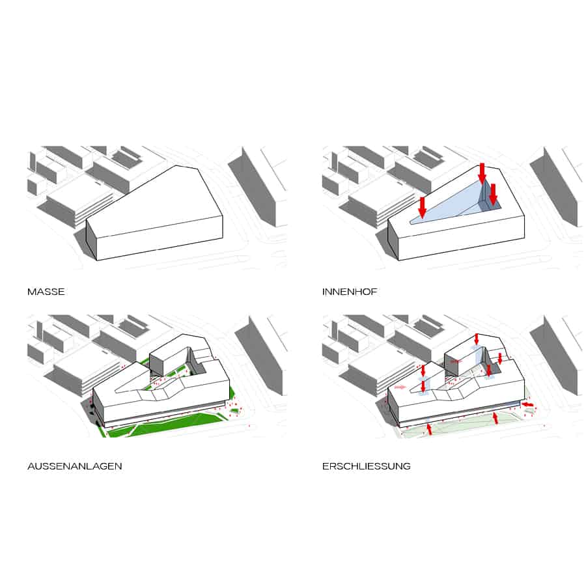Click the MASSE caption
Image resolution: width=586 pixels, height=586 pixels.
(46, 292)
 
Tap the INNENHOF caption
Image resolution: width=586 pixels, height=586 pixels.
(350, 292)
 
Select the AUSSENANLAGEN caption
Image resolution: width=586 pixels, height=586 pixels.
(75, 466)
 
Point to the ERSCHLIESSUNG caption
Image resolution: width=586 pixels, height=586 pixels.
(366, 466)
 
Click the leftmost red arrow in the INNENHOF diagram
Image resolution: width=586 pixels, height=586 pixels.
(423, 207)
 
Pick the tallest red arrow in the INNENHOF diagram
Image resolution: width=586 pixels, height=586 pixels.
(482, 173)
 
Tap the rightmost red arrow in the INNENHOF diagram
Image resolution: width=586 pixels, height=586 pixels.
(494, 194)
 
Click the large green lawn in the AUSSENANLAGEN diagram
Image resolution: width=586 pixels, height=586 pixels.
(176, 424)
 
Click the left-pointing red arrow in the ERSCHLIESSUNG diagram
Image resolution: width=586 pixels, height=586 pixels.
(527, 405)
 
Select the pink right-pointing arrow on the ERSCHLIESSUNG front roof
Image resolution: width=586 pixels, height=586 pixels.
(400, 387)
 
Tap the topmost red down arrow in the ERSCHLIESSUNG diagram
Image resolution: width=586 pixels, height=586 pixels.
(476, 339)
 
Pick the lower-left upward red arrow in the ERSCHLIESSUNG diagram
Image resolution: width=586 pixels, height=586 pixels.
(429, 428)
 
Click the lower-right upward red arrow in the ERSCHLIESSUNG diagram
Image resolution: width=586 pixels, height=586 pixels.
(495, 418)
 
